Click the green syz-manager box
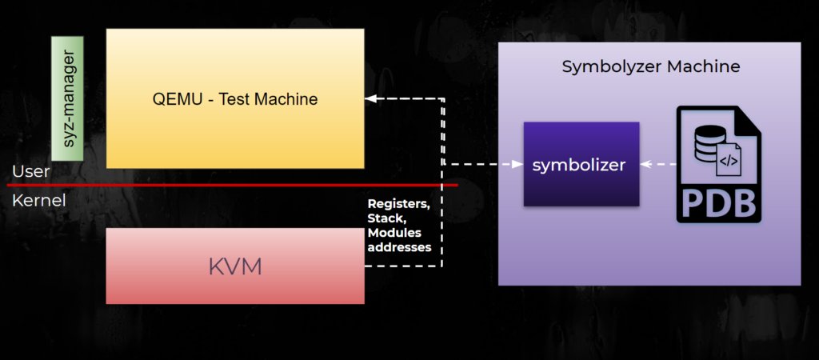click(67, 97)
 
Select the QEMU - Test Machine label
click(235, 100)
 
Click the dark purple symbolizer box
click(581, 164)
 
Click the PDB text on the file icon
click(717, 201)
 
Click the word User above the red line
click(31, 171)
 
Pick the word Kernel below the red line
click(38, 200)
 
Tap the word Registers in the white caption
click(398, 204)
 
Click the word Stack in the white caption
click(385, 218)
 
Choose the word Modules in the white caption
click(394, 232)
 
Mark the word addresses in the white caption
click(399, 246)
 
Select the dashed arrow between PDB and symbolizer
click(657, 164)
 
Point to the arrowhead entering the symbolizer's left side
click(517, 164)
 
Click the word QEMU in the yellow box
click(171, 100)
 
